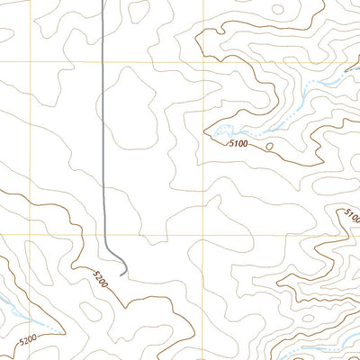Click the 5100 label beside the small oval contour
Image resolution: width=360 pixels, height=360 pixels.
[x=238, y=142]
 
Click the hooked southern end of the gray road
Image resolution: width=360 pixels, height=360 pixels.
[x=122, y=269]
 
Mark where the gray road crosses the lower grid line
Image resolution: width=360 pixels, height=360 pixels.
[x=105, y=235]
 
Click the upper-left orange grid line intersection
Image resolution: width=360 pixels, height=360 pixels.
[x=38, y=61]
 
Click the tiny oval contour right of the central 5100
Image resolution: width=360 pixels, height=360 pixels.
[x=268, y=145]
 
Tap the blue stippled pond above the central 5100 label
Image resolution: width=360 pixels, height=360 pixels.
[x=223, y=133]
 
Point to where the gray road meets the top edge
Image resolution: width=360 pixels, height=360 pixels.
[x=102, y=1]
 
